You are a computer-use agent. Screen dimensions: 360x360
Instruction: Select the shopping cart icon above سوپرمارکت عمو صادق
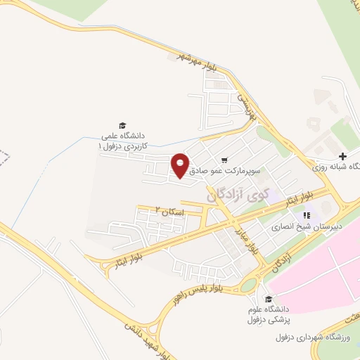(x=224, y=160)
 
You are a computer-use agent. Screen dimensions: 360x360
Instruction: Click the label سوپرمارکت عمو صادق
(x=224, y=170)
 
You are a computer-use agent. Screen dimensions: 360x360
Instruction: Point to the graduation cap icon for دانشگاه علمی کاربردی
(x=123, y=123)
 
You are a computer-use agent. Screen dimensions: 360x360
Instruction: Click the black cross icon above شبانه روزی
(x=342, y=156)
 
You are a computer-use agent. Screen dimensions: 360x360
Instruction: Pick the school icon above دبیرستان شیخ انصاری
(x=306, y=215)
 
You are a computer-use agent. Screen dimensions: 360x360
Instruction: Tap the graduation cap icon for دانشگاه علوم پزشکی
(x=268, y=298)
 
